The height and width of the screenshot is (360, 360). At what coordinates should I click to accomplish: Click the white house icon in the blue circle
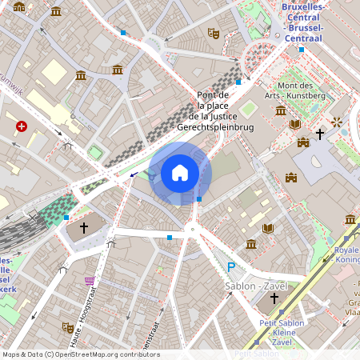(180, 172)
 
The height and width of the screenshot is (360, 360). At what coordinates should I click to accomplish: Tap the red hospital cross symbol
(22, 126)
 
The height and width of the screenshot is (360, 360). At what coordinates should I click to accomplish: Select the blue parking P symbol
(231, 267)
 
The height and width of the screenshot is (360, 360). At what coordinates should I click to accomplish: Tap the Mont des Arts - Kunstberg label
(301, 90)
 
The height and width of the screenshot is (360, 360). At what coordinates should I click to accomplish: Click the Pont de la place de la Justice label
(225, 111)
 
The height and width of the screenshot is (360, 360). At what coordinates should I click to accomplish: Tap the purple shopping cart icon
(89, 281)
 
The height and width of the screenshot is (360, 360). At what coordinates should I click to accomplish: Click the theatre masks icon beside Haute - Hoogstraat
(67, 327)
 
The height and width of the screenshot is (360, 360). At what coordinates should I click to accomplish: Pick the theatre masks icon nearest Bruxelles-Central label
(213, 33)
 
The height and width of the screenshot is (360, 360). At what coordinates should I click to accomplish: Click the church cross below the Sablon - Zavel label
(274, 298)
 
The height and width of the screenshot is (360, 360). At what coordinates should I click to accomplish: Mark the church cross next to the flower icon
(319, 134)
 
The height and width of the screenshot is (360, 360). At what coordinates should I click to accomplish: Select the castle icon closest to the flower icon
(302, 142)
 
